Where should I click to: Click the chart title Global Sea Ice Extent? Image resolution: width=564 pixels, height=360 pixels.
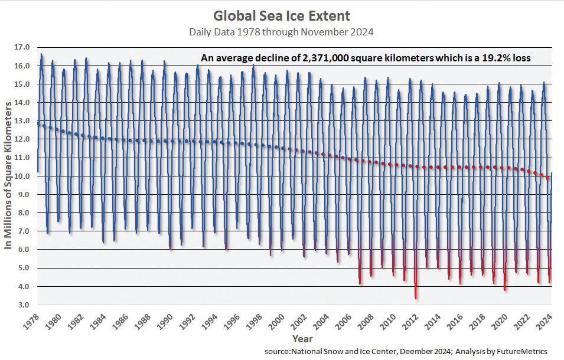coord(281,15)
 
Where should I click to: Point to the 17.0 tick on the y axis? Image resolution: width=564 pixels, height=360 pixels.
coord(22,47)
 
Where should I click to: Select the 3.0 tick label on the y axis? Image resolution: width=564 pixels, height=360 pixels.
coord(23,305)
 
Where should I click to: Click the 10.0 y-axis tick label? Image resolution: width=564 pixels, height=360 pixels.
coord(22,176)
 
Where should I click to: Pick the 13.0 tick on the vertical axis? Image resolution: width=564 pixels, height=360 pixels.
coord(22,121)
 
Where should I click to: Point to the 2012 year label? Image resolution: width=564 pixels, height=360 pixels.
coord(412,323)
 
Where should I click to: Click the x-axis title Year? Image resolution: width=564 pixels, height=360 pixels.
coord(302,339)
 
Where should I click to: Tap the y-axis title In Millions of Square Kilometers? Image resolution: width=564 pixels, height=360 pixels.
coord(8,175)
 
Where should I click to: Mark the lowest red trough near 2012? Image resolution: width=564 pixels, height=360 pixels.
coord(416,297)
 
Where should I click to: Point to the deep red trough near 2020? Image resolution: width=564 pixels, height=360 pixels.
coord(505,289)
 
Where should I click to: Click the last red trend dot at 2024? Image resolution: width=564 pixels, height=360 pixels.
coord(547,177)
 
